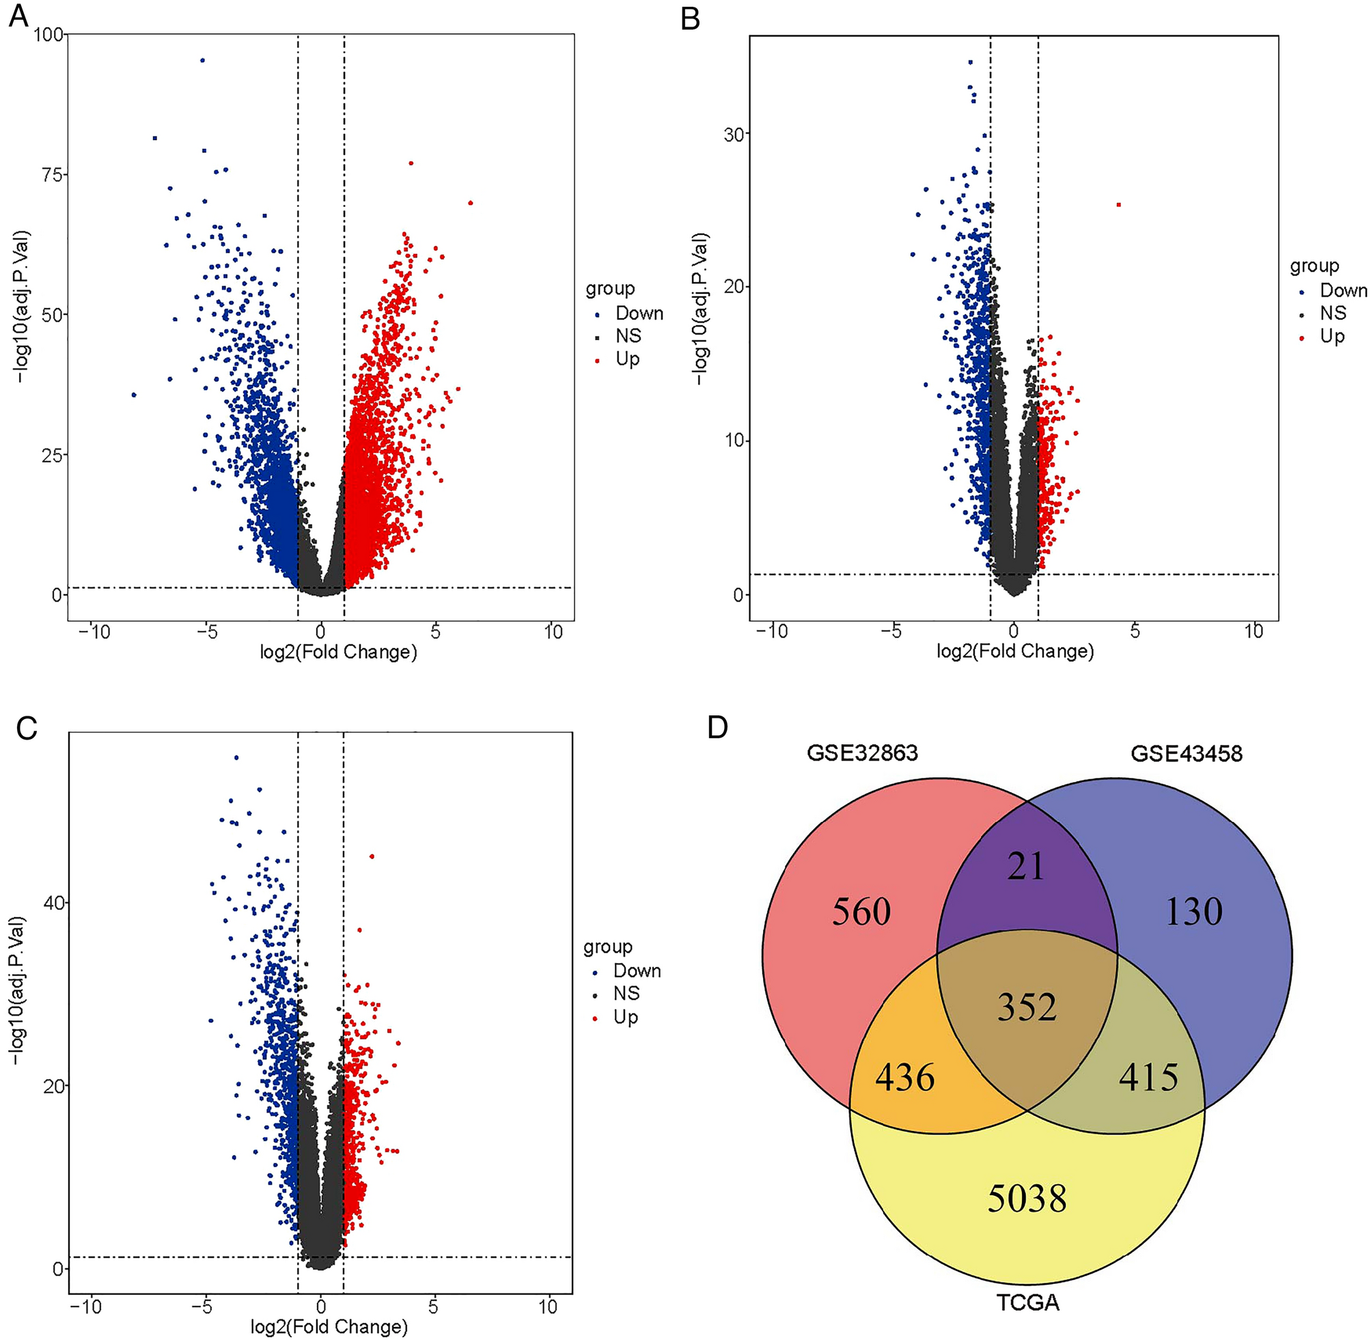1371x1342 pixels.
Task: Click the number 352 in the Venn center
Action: click(1026, 1007)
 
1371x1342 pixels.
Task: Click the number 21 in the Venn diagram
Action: click(1025, 866)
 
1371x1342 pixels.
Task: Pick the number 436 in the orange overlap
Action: click(904, 1078)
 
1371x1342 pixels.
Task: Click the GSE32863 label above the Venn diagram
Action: click(862, 753)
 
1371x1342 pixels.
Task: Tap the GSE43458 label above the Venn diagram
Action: click(1187, 753)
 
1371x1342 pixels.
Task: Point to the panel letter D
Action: click(717, 727)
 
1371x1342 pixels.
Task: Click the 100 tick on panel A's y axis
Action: click(47, 34)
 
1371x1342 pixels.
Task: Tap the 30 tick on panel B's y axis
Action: click(734, 134)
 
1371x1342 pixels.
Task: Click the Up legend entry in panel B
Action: click(1331, 336)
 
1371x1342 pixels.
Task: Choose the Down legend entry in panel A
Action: click(639, 313)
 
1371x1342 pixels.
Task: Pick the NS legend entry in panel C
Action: click(626, 993)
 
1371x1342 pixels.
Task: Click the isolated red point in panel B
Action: click(1118, 204)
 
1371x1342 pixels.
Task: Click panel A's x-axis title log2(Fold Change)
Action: click(338, 652)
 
